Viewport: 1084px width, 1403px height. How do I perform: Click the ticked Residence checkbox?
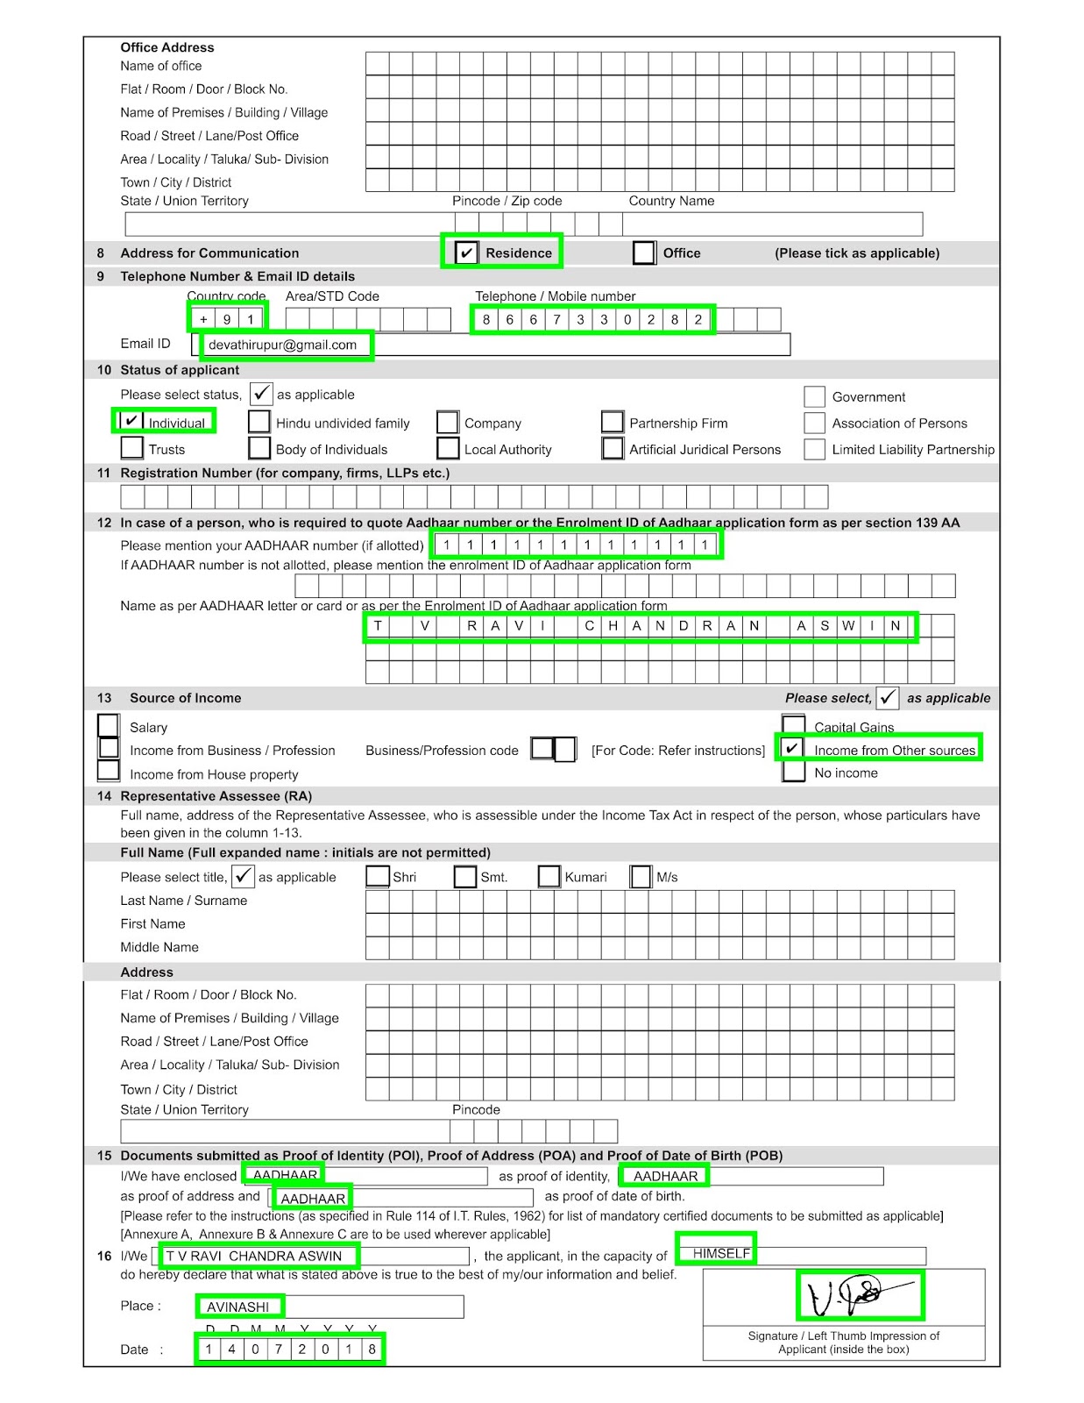(466, 253)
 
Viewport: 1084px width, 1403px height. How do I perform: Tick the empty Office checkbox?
(644, 253)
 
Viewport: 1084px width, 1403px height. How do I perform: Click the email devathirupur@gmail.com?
(282, 345)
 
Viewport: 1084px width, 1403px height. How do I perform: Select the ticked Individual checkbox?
(131, 422)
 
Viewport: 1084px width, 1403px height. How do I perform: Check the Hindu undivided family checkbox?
(259, 422)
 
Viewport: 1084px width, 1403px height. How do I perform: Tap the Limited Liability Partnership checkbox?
(814, 449)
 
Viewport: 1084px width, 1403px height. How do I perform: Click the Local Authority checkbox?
(448, 448)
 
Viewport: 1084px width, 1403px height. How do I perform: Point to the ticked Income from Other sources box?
(792, 749)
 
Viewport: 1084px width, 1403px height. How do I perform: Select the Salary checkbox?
(109, 725)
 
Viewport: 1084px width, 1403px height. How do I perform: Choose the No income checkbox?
(793, 772)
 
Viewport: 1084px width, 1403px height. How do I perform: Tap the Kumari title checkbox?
(549, 876)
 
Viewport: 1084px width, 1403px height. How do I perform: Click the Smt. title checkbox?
(464, 876)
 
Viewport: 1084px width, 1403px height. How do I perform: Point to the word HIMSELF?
(721, 1253)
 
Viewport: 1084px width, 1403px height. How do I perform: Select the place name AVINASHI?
(237, 1307)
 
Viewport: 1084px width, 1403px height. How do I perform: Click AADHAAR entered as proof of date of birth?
(313, 1198)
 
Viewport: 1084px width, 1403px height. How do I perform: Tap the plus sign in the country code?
(203, 319)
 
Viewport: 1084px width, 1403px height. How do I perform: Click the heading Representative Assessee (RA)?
(216, 795)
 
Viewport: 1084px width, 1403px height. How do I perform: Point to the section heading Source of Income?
(185, 698)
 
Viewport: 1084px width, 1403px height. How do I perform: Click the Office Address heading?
(166, 47)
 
